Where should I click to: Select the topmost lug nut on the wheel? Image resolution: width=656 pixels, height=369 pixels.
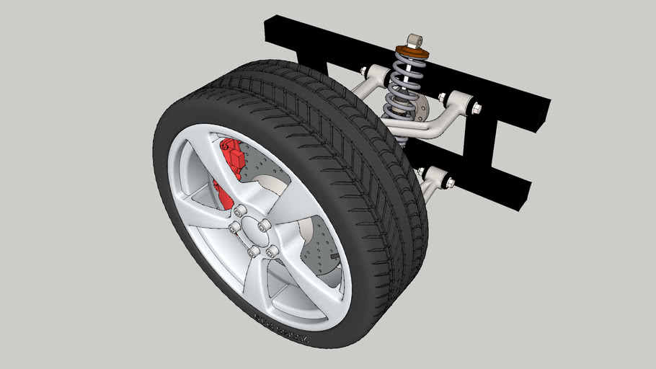(x=240, y=210)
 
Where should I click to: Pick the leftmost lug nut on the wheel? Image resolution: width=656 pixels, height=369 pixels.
(x=233, y=228)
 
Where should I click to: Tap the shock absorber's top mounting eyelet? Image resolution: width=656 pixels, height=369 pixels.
(x=413, y=40)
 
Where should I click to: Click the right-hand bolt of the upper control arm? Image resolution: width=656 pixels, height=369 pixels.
(x=476, y=108)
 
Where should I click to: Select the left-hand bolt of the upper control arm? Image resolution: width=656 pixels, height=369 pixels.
(x=363, y=71)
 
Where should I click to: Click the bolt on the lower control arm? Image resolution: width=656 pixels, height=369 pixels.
(x=449, y=182)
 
